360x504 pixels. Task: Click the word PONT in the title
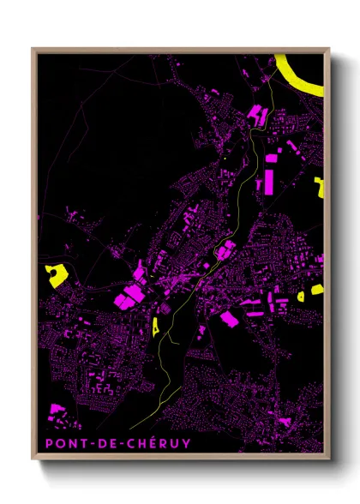61,443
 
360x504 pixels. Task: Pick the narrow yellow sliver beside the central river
156,326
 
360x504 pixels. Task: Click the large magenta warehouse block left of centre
129,296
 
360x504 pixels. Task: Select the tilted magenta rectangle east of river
229,319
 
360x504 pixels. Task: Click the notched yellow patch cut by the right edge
319,187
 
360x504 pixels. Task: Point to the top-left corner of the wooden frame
33,49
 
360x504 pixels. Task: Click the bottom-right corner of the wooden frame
330,459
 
